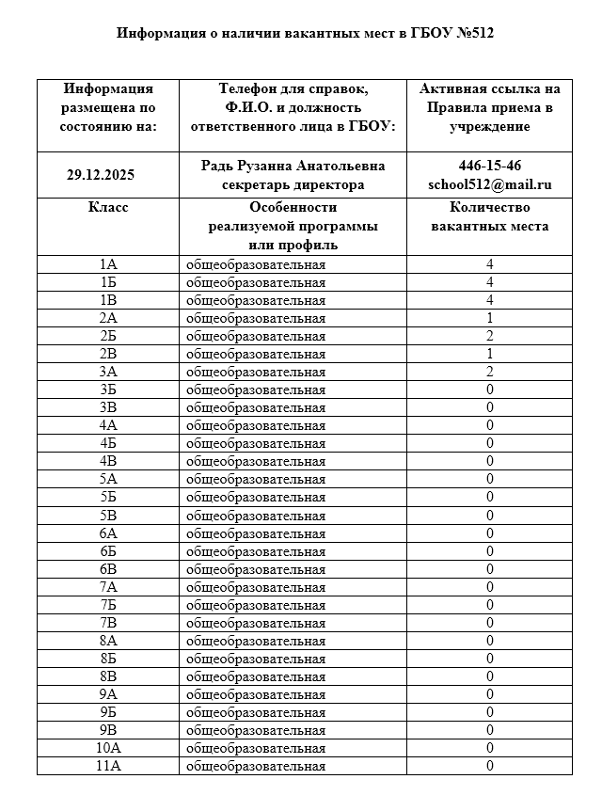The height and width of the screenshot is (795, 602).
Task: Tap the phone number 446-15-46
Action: tap(490, 166)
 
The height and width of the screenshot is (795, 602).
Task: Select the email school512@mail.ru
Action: tap(490, 184)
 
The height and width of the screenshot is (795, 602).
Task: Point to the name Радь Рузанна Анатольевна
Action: tap(293, 166)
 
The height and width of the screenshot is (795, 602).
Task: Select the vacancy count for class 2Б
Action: tap(490, 336)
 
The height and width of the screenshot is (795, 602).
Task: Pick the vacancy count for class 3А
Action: tap(490, 372)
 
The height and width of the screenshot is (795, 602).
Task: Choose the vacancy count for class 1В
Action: tap(490, 300)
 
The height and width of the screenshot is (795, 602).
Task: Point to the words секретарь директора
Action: tap(293, 184)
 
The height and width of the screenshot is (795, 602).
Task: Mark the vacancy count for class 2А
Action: tap(490, 318)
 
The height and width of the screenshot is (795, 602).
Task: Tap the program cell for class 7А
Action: tap(256, 587)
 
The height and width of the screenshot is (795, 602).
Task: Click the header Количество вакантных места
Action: tap(490, 217)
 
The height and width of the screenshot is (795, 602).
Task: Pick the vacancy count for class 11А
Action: tap(490, 766)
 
